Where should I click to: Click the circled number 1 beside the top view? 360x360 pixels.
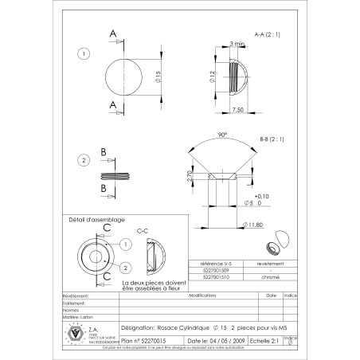coord(84,54)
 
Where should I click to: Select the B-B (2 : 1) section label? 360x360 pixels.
coord(272,139)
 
